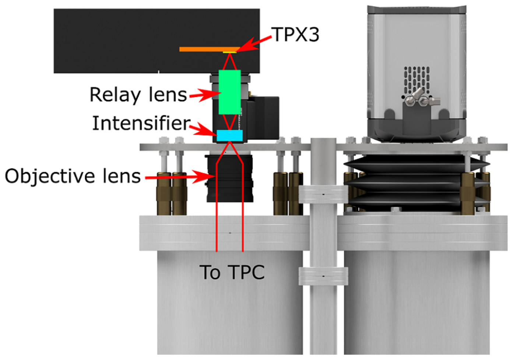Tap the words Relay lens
tap(138, 95)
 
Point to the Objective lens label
tap(73, 176)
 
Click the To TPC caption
tap(232, 272)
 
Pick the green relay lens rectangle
tap(230, 92)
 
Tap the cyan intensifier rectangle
tap(230, 136)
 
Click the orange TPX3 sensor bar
tap(210, 49)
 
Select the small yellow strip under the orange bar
tap(229, 53)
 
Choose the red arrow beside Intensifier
tap(203, 129)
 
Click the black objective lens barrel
tap(230, 178)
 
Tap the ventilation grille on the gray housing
tap(417, 80)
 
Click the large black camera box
tap(157, 41)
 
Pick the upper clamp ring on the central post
tap(323, 194)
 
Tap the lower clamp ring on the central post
tap(323, 276)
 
